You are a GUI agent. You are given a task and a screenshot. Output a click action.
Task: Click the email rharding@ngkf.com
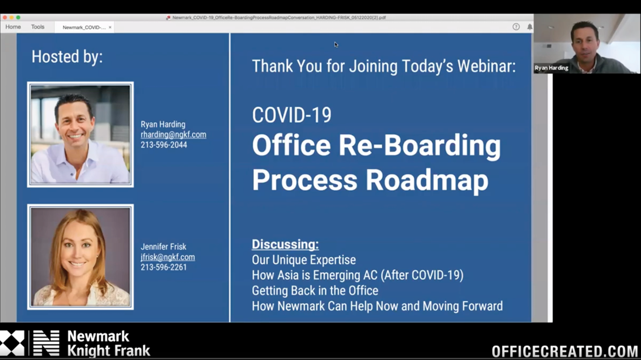tap(173, 135)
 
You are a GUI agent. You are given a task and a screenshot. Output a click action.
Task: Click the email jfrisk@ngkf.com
tap(168, 257)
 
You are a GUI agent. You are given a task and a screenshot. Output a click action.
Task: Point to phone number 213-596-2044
tap(164, 145)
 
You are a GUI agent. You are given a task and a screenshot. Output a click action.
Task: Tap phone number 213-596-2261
tap(164, 267)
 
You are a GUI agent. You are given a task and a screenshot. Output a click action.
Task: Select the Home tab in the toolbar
tap(13, 27)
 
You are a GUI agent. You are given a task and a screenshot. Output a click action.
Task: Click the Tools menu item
tap(37, 27)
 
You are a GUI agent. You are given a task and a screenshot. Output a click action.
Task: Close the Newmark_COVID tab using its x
tap(110, 27)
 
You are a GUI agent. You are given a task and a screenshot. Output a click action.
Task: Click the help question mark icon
tap(516, 27)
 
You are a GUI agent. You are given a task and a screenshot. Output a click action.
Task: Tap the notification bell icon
tap(530, 27)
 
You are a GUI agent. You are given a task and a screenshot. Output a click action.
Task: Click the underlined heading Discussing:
tap(285, 244)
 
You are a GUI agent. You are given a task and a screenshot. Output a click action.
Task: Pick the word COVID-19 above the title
tap(292, 115)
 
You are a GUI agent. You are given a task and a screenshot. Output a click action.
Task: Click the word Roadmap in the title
tap(427, 181)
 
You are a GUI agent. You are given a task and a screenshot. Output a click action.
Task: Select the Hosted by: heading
tap(67, 57)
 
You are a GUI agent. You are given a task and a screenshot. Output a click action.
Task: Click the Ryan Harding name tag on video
tap(551, 68)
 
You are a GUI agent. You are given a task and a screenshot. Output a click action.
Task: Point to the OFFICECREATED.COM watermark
tap(565, 351)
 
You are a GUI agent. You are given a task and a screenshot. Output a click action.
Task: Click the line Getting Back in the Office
tap(315, 291)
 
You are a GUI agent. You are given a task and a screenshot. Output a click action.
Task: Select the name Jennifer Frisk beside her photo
tap(163, 246)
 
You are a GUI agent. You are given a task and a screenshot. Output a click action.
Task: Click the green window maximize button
tap(18, 18)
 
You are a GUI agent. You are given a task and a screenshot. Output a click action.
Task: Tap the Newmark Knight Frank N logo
tap(47, 343)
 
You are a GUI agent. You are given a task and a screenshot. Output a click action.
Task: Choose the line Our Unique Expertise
tap(303, 260)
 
